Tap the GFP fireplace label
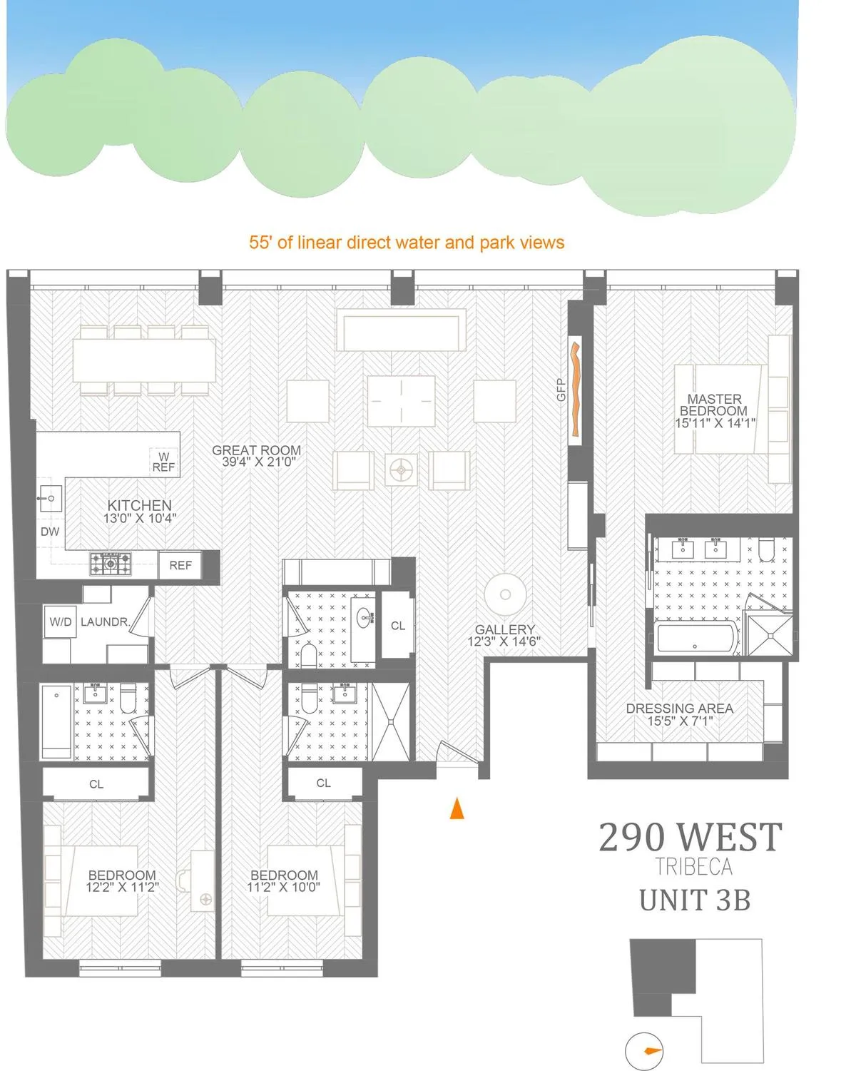tap(561, 389)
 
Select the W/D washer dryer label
tap(61, 622)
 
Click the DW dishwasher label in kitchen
tap(50, 532)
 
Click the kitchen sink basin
tap(51, 496)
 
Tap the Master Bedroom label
tap(715, 405)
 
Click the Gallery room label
tap(505, 629)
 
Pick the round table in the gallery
tap(505, 594)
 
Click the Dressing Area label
tap(679, 709)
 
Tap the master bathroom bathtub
tap(695, 637)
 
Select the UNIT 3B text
tap(695, 900)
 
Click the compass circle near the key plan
tap(645, 1051)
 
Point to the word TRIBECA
tap(694, 866)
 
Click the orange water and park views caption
tap(407, 243)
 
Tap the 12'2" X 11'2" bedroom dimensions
tap(122, 888)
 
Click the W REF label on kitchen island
tap(163, 462)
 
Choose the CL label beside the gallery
tap(398, 626)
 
